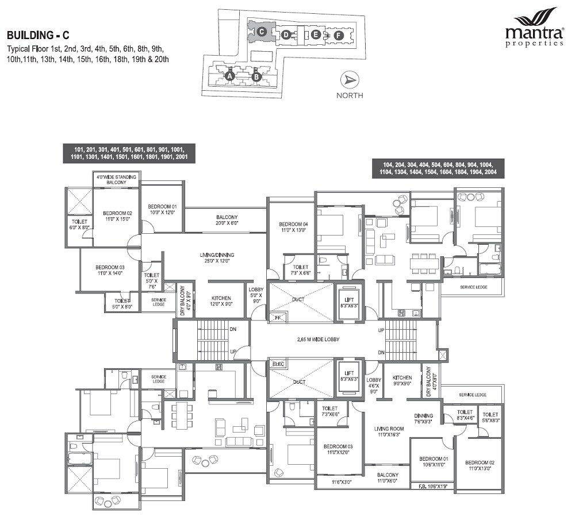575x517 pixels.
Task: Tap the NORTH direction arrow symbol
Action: point(349,80)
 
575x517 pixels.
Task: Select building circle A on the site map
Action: point(229,75)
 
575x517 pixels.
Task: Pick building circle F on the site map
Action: point(338,35)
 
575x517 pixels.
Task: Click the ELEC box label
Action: point(278,363)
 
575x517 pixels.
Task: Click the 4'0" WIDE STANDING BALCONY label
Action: point(116,179)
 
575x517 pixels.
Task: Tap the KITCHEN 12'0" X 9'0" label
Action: point(221,301)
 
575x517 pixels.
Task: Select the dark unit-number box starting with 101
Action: point(129,152)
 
